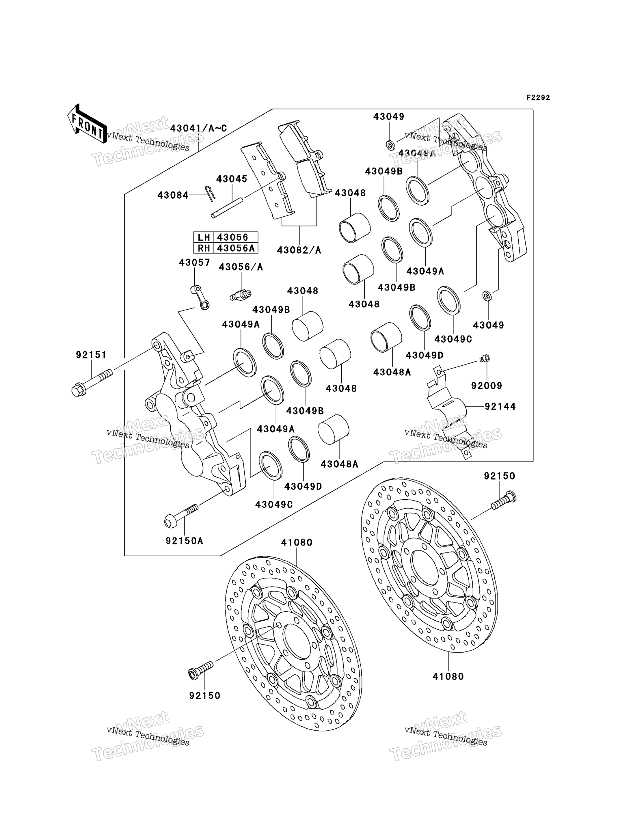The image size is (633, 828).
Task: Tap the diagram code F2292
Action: [x=538, y=98]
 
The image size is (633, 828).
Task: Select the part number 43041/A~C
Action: [x=199, y=128]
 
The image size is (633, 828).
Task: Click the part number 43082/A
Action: [x=299, y=250]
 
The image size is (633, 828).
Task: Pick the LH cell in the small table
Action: [x=204, y=237]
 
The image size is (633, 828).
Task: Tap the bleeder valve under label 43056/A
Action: [x=240, y=295]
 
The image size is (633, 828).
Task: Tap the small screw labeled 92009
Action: [x=485, y=358]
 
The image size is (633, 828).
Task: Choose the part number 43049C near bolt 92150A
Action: [x=274, y=505]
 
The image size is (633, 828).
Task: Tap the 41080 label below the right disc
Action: [x=448, y=676]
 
